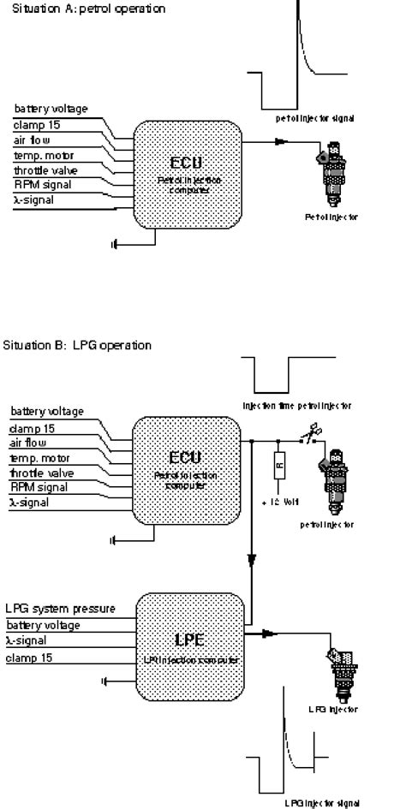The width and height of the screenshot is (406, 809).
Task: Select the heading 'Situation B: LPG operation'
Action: click(x=77, y=345)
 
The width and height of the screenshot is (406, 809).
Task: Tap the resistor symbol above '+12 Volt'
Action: click(x=279, y=466)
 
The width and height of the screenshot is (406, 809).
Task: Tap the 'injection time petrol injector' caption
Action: click(x=296, y=405)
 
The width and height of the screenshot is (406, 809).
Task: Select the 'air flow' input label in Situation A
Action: click(x=33, y=140)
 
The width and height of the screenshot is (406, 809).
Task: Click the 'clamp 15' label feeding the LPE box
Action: click(x=29, y=657)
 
